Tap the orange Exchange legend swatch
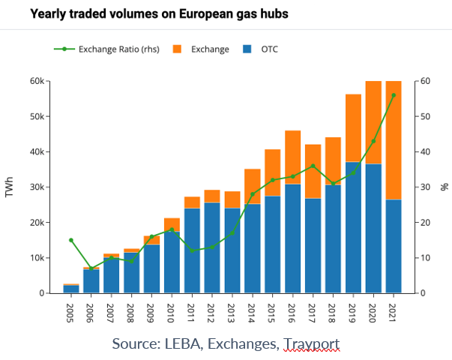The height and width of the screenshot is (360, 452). click(178, 49)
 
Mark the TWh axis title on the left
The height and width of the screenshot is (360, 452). click(9, 187)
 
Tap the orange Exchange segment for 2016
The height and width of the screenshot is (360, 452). click(292, 157)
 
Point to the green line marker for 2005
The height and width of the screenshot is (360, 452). click(71, 240)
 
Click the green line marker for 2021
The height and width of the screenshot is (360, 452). click(394, 95)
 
